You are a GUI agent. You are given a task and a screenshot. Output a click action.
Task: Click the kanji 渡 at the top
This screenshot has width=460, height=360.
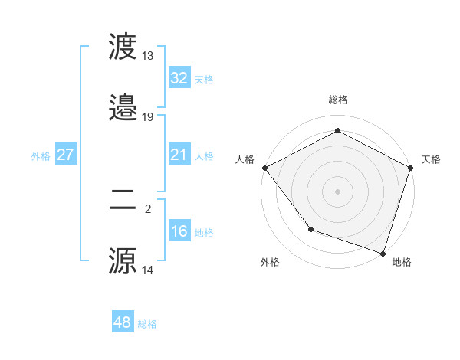tap(123, 47)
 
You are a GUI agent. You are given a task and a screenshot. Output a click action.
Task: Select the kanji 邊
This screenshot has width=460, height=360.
tap(123, 108)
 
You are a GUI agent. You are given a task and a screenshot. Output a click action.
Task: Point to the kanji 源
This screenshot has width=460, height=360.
tap(123, 262)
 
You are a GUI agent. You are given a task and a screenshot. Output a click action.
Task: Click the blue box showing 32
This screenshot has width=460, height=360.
tap(179, 78)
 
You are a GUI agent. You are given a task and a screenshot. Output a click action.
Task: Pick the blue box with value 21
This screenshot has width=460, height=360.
tap(179, 155)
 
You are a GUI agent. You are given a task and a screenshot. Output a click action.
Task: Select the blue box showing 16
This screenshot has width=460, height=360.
tap(179, 231)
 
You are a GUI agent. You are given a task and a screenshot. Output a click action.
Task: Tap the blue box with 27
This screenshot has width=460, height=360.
tap(65, 155)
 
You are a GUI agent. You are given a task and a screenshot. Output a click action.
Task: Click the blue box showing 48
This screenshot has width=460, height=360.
tap(122, 322)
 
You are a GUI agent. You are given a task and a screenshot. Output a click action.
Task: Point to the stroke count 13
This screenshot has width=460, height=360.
tap(147, 56)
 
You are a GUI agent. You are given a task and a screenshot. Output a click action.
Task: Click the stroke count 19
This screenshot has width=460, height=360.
tap(147, 117)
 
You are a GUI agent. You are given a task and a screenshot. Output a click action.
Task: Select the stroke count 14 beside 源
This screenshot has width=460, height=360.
tap(147, 270)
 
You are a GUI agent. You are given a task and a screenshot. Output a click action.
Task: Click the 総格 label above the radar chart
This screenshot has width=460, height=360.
tap(338, 100)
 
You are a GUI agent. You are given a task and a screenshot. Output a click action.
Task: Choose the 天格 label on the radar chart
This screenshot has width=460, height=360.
tap(431, 159)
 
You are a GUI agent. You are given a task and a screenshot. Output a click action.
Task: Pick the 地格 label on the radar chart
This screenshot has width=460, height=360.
tap(402, 262)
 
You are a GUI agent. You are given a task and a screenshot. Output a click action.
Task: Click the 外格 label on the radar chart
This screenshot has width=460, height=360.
tap(270, 262)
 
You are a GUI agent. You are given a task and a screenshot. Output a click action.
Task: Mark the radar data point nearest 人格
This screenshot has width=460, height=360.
tap(264, 167)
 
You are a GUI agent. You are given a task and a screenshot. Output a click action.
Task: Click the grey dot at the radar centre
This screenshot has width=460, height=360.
tap(337, 191)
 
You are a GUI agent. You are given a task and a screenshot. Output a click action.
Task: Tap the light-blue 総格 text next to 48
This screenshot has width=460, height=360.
tap(147, 324)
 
